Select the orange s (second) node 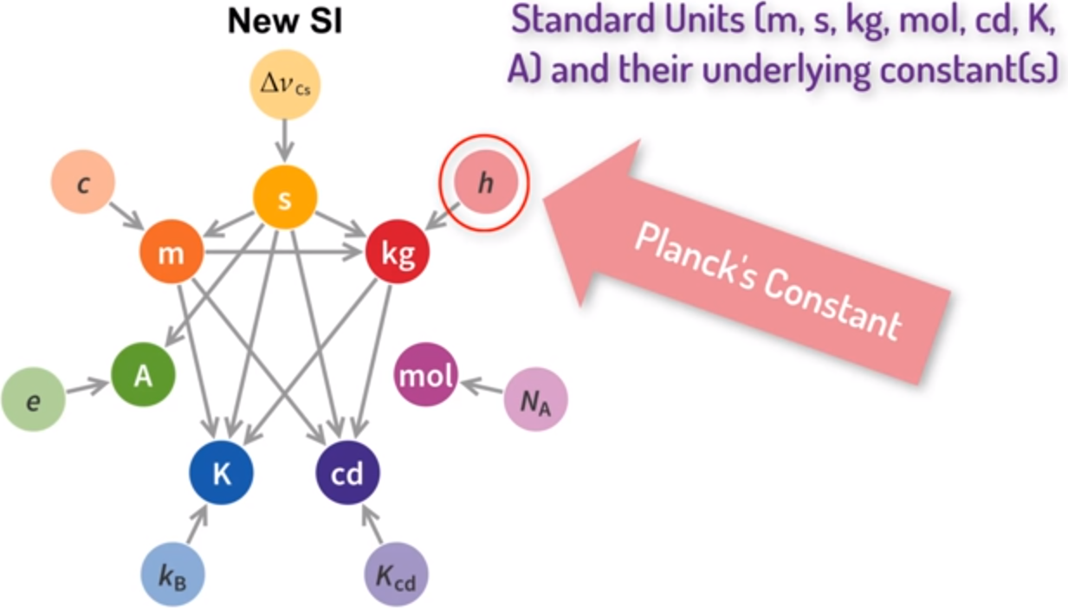285,197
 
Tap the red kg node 398,254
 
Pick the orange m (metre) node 172,254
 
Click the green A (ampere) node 144,377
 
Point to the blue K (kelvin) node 222,473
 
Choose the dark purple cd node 347,473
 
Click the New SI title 285,22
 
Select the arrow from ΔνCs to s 285,137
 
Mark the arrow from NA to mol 482,386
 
